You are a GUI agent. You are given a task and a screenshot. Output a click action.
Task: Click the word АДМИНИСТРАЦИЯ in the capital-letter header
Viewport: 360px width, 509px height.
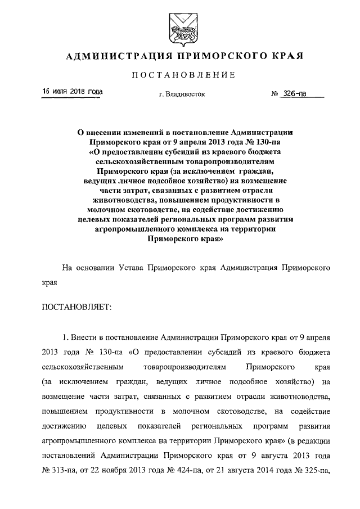[x=116, y=56]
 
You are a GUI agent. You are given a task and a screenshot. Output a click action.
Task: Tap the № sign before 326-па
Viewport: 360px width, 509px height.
[x=276, y=94]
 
